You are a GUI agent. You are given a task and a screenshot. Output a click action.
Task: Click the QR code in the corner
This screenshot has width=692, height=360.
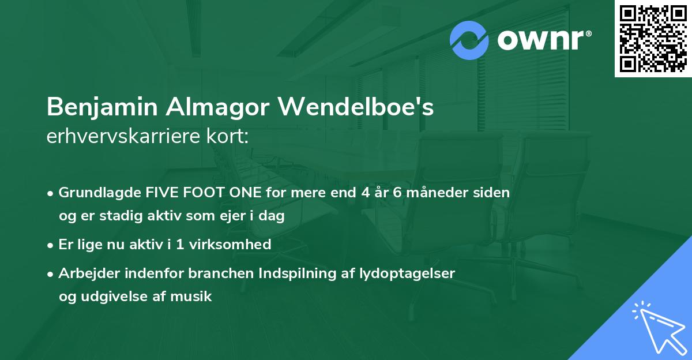(x=653, y=38)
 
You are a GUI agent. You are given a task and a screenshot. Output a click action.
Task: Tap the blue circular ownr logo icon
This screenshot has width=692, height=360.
(x=469, y=40)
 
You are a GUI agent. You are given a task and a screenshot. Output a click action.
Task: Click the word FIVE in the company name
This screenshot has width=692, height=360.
(x=159, y=193)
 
